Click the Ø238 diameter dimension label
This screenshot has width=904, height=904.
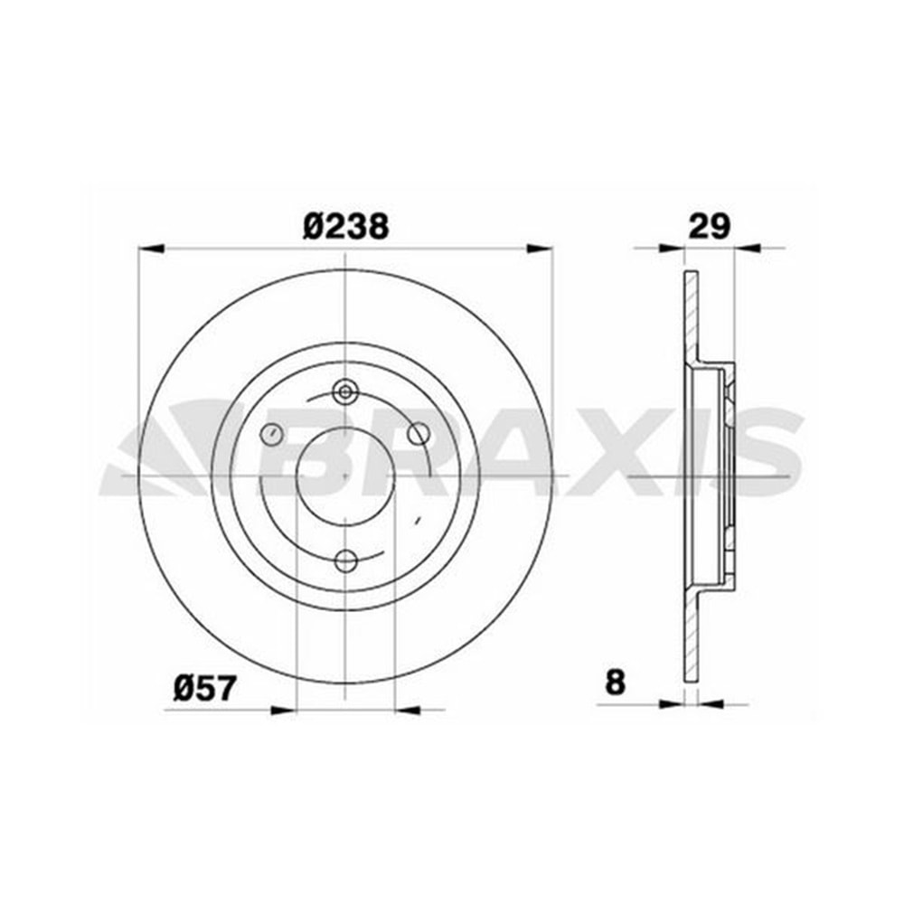coord(345,225)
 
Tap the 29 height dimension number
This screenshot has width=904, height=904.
coord(709,225)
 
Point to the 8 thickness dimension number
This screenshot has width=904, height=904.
coord(615,683)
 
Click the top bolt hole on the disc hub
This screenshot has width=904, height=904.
coord(345,391)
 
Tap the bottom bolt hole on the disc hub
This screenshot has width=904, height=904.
coord(345,561)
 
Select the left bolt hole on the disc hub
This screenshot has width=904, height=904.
coord(270,435)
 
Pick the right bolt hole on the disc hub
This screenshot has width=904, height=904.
coord(418,434)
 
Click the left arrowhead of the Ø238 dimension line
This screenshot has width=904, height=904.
coord(149,247)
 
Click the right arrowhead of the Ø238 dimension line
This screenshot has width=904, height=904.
coord(540,247)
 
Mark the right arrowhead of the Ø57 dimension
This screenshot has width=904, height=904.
coord(408,711)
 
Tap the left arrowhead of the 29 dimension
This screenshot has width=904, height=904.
coord(670,247)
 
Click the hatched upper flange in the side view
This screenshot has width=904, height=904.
coord(691,316)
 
